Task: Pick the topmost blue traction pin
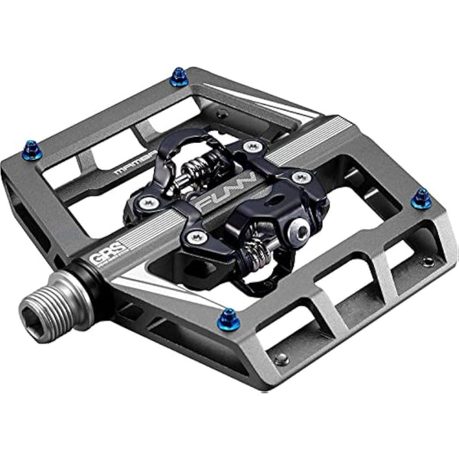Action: (179, 76)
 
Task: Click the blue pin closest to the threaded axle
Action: (228, 317)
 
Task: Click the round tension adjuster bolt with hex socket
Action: (303, 231)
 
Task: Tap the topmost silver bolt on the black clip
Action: (249, 145)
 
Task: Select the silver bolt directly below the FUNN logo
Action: (198, 237)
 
